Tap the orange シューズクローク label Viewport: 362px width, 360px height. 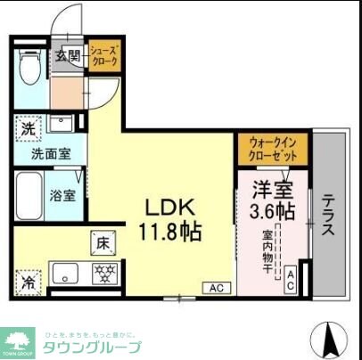tap(103, 60)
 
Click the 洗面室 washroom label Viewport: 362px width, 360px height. tap(40, 153)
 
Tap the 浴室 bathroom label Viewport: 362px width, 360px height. tap(62, 194)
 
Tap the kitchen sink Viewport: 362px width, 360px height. tap(65, 274)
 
